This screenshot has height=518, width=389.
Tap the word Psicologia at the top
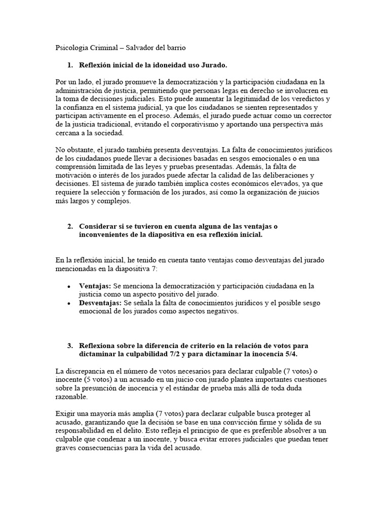[71, 48]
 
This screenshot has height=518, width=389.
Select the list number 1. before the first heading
[70, 65]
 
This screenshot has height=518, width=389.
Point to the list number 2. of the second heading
[70, 226]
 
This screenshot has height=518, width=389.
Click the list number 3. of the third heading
[70, 346]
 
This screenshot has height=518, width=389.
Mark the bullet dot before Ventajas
[69, 286]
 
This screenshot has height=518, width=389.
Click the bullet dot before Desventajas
[69, 303]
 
